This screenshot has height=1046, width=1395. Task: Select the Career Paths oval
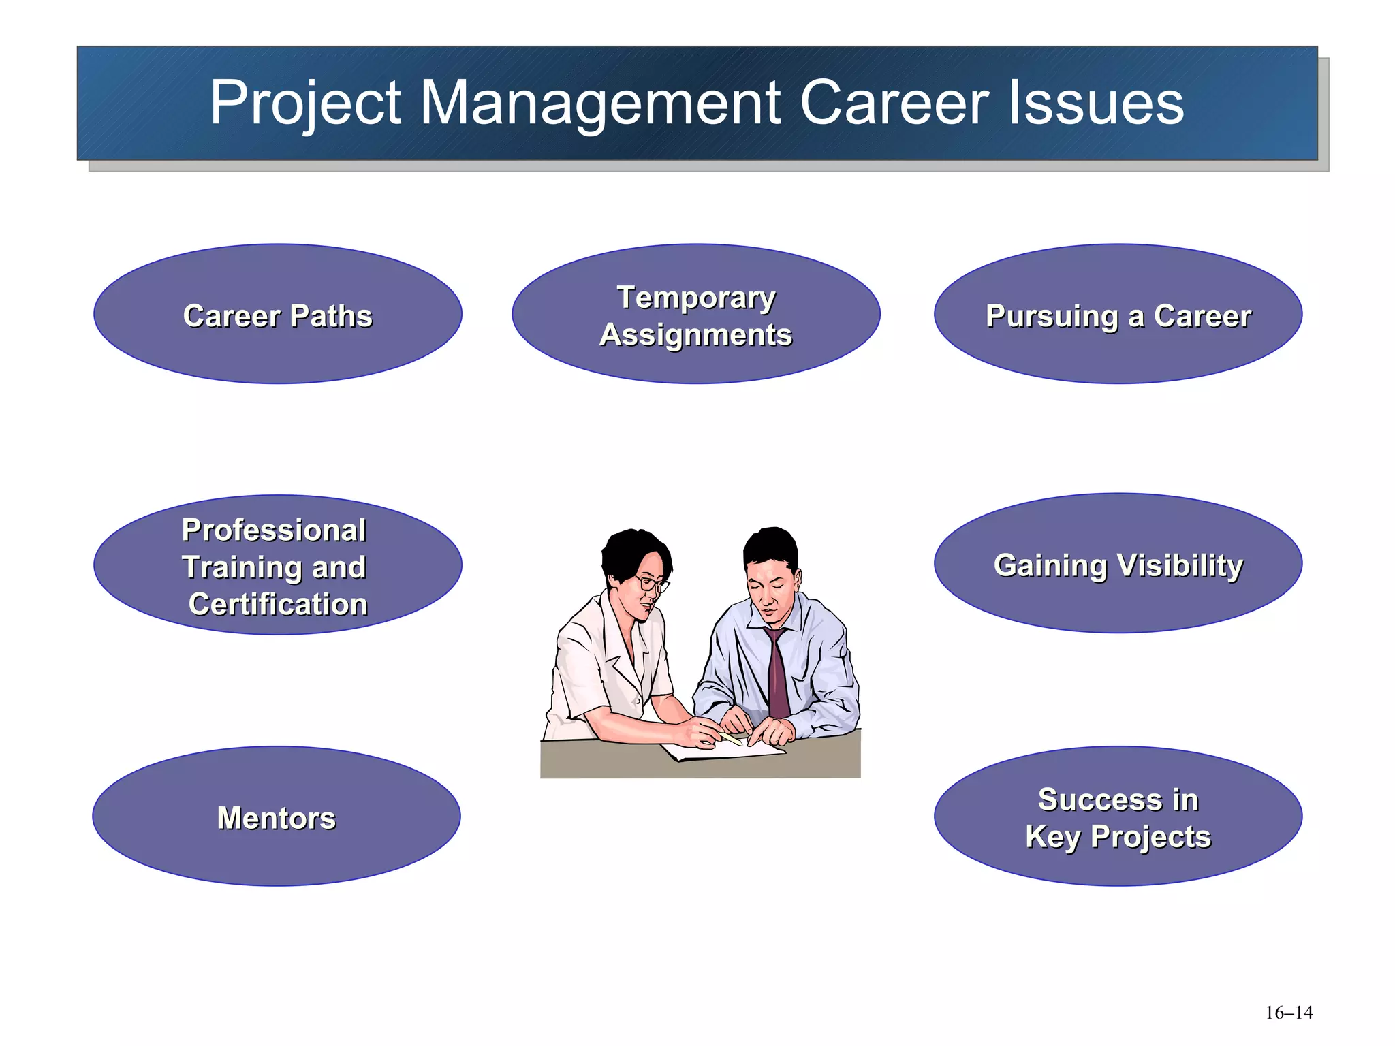(x=278, y=314)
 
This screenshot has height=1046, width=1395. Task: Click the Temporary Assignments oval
(x=695, y=314)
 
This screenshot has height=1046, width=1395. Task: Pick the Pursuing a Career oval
(x=1118, y=314)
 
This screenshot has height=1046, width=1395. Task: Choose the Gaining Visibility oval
(x=1118, y=564)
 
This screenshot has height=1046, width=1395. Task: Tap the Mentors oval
(x=277, y=817)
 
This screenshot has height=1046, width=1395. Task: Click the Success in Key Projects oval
(x=1118, y=817)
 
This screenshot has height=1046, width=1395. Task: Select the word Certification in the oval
(x=278, y=604)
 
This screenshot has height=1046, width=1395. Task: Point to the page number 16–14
(x=1289, y=1013)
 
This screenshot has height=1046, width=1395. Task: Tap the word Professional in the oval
(x=274, y=530)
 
